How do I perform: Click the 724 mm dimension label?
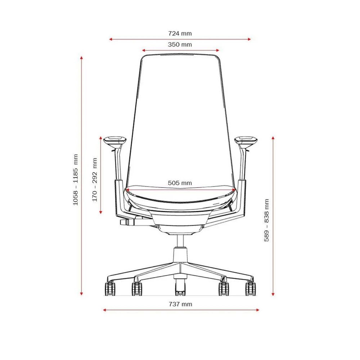180,33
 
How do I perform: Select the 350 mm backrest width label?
180,45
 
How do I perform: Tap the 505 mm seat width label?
180,183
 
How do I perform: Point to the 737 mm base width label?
180,304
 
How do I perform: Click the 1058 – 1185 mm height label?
76,180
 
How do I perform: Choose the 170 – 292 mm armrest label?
95,180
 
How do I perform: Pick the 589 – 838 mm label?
266,220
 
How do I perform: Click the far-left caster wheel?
110,289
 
